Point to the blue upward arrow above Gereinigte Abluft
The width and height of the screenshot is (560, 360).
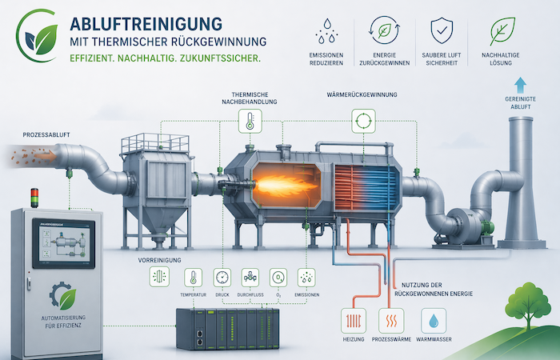click(521, 85)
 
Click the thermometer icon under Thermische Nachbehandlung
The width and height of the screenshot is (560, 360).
click(249, 122)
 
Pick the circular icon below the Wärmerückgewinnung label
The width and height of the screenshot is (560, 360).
click(363, 122)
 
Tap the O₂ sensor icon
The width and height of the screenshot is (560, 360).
click(278, 277)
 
